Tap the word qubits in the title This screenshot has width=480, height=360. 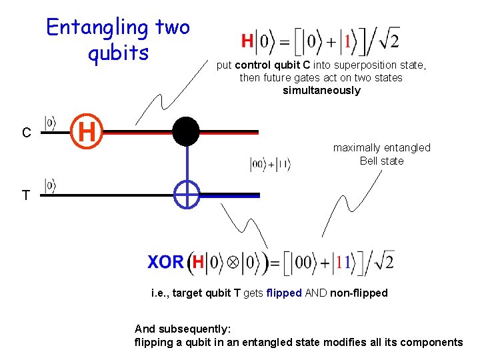[x=118, y=52]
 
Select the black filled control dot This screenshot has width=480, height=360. [x=186, y=131]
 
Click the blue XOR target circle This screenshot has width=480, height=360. [x=187, y=195]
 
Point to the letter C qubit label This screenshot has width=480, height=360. [x=26, y=133]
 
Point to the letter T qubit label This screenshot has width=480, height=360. [x=25, y=196]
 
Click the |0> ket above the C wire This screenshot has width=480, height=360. [x=50, y=123]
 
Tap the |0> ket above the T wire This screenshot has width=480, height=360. [x=50, y=185]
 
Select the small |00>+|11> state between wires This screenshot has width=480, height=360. [x=270, y=165]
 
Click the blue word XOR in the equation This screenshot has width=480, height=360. [x=165, y=262]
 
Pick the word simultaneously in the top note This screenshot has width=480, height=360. [x=321, y=91]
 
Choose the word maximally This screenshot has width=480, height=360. [x=356, y=148]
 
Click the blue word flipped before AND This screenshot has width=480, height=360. [x=284, y=293]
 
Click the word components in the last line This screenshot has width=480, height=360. [x=431, y=342]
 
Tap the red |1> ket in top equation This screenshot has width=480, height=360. [x=347, y=42]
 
